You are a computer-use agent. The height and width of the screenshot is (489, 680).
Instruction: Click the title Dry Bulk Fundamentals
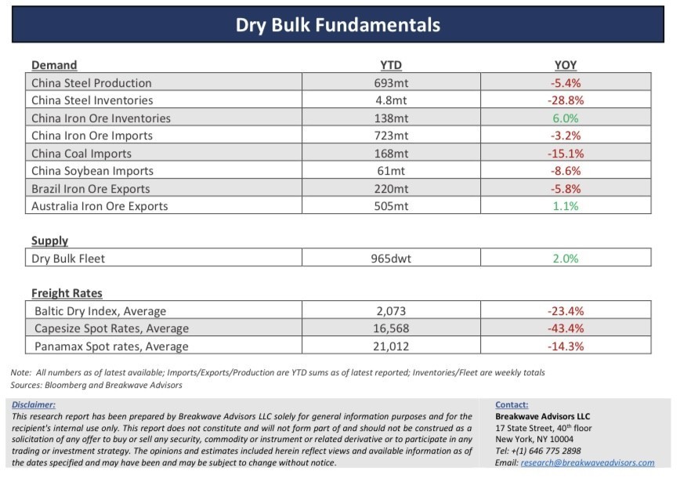[x=338, y=25]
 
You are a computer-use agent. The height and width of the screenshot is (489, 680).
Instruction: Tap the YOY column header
[x=566, y=65]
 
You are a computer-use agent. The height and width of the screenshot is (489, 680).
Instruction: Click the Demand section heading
[x=54, y=65]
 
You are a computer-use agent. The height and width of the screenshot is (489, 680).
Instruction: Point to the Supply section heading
[x=49, y=241]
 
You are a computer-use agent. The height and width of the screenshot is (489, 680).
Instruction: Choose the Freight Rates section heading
[x=67, y=293]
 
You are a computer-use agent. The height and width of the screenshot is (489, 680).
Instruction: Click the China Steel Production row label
[x=92, y=82]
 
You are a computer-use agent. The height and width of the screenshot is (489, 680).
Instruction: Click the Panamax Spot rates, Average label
[x=111, y=346]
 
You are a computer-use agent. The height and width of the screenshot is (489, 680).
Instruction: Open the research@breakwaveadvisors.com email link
[x=587, y=462]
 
